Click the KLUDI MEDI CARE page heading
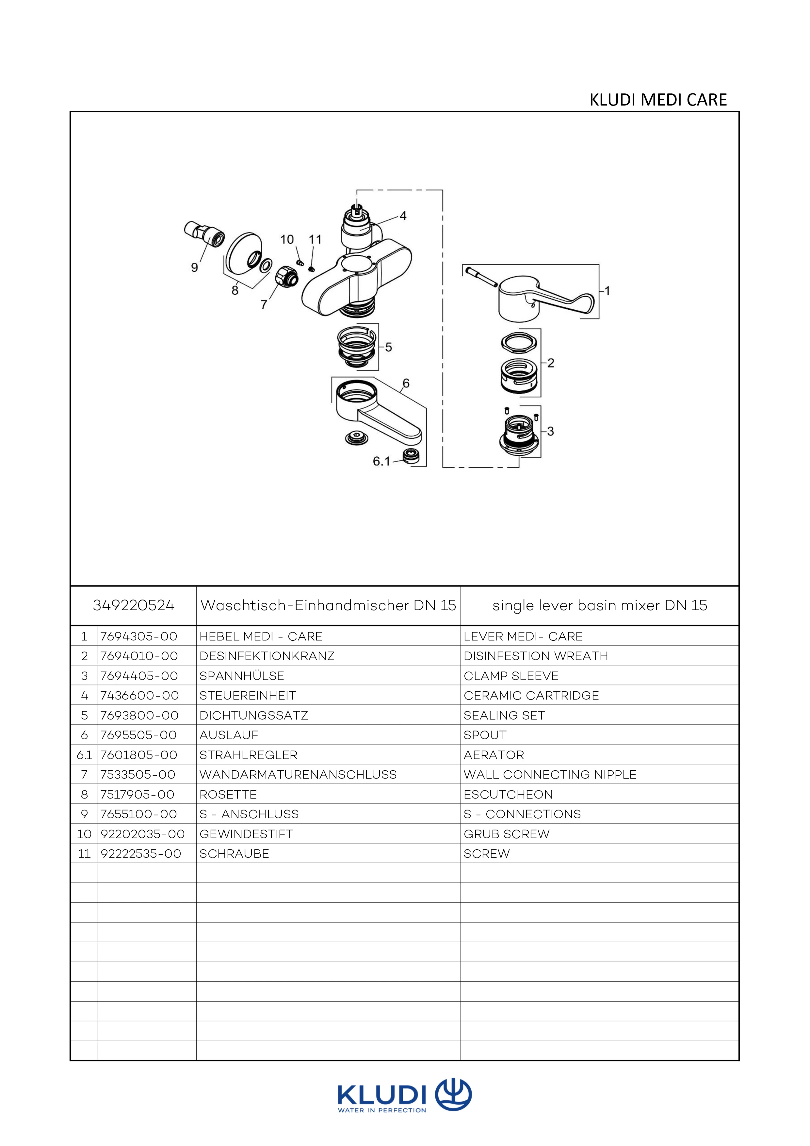pyautogui.click(x=658, y=100)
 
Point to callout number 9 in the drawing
pyautogui.click(x=195, y=268)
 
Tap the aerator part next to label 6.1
pyautogui.click(x=412, y=456)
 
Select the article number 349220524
pyautogui.click(x=134, y=605)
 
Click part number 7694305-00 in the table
pyautogui.click(x=139, y=636)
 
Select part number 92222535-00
pyautogui.click(x=141, y=854)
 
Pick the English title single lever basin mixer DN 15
pyautogui.click(x=600, y=605)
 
